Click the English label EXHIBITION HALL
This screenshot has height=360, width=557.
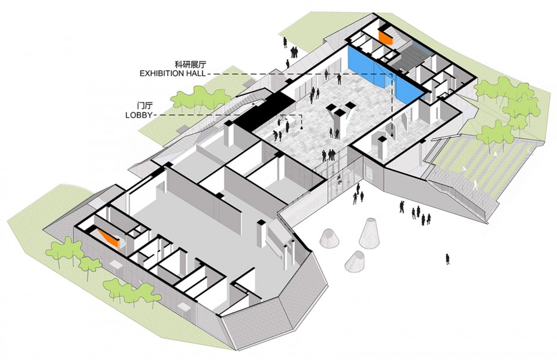(x=172, y=74)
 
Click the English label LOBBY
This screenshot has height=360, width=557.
(x=139, y=115)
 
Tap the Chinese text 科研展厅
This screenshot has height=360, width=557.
(x=190, y=64)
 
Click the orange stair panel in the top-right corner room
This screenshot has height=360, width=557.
(x=385, y=37)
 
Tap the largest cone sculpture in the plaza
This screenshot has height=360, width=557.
(x=370, y=232)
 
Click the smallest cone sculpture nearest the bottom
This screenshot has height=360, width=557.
(x=356, y=261)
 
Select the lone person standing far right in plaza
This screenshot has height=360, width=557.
(x=447, y=259)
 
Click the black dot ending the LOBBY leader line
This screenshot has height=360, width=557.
(x=302, y=128)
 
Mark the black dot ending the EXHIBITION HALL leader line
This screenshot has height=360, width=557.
(x=392, y=135)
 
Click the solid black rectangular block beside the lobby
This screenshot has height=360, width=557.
(x=265, y=109)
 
